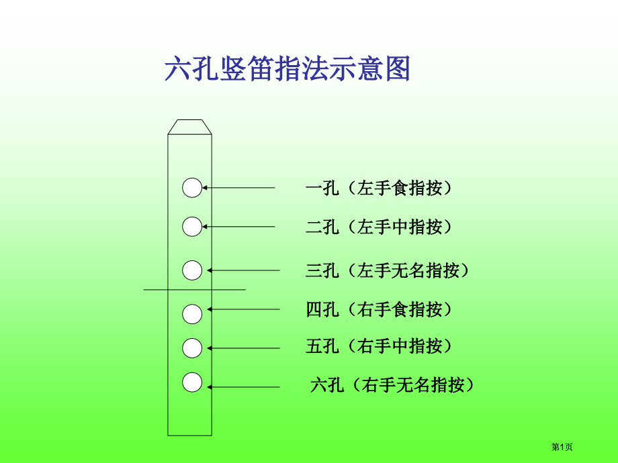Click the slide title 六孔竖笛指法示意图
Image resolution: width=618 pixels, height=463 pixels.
288,68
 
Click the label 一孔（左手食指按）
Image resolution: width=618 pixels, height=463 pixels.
378,188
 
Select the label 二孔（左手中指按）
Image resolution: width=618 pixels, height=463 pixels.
378,227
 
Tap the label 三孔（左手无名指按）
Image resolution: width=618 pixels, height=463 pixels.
387,270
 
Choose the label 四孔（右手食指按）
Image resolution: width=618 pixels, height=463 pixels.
378,309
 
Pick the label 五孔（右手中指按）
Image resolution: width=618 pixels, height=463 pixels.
378,346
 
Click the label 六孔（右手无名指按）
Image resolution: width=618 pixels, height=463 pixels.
392,384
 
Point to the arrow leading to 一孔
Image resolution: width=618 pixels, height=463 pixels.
238,188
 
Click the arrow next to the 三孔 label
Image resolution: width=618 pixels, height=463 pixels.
243,270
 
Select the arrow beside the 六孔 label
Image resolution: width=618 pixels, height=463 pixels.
243,387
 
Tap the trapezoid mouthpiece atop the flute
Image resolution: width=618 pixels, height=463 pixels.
189,127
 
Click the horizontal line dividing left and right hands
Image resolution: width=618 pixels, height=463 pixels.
194,290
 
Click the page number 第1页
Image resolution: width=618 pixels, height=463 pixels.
562,447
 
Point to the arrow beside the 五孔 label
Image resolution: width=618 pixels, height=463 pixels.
243,348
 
